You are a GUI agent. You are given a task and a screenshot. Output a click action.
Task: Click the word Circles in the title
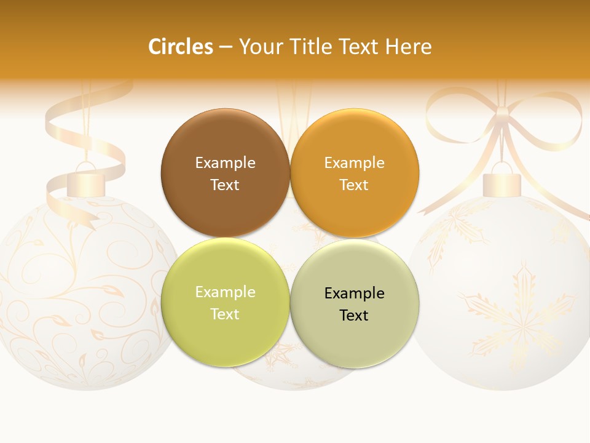coord(180,47)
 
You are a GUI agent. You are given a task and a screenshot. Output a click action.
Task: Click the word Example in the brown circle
coord(225,162)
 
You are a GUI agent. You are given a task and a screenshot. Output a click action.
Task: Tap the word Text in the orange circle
coord(354,185)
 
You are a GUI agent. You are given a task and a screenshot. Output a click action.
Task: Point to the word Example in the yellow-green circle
coord(225,292)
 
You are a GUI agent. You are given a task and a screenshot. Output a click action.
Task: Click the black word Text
coord(354,315)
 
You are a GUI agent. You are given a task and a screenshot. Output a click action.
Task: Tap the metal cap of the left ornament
coord(87,184)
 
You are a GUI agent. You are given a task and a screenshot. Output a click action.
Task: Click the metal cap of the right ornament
coord(502,184)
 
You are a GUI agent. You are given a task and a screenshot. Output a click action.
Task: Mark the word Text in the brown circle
coord(225,185)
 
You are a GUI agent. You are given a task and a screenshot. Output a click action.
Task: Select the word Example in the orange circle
coord(354,162)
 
